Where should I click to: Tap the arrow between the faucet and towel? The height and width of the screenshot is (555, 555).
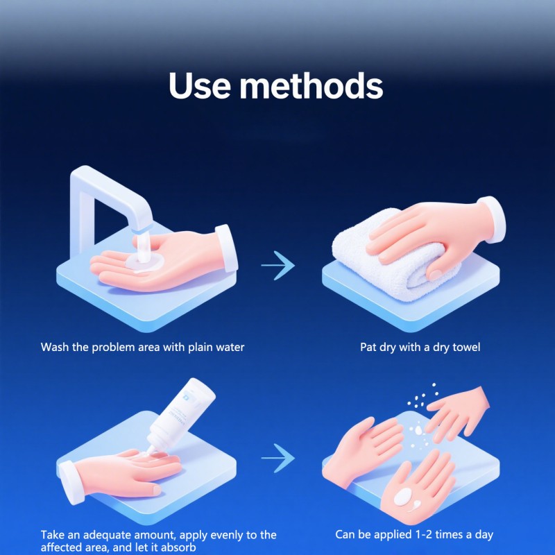[277, 266]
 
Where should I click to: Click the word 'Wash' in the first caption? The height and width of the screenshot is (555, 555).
[55, 347]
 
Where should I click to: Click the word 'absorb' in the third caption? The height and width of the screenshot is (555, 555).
[180, 547]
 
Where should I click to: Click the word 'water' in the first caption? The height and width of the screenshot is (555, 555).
[228, 347]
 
